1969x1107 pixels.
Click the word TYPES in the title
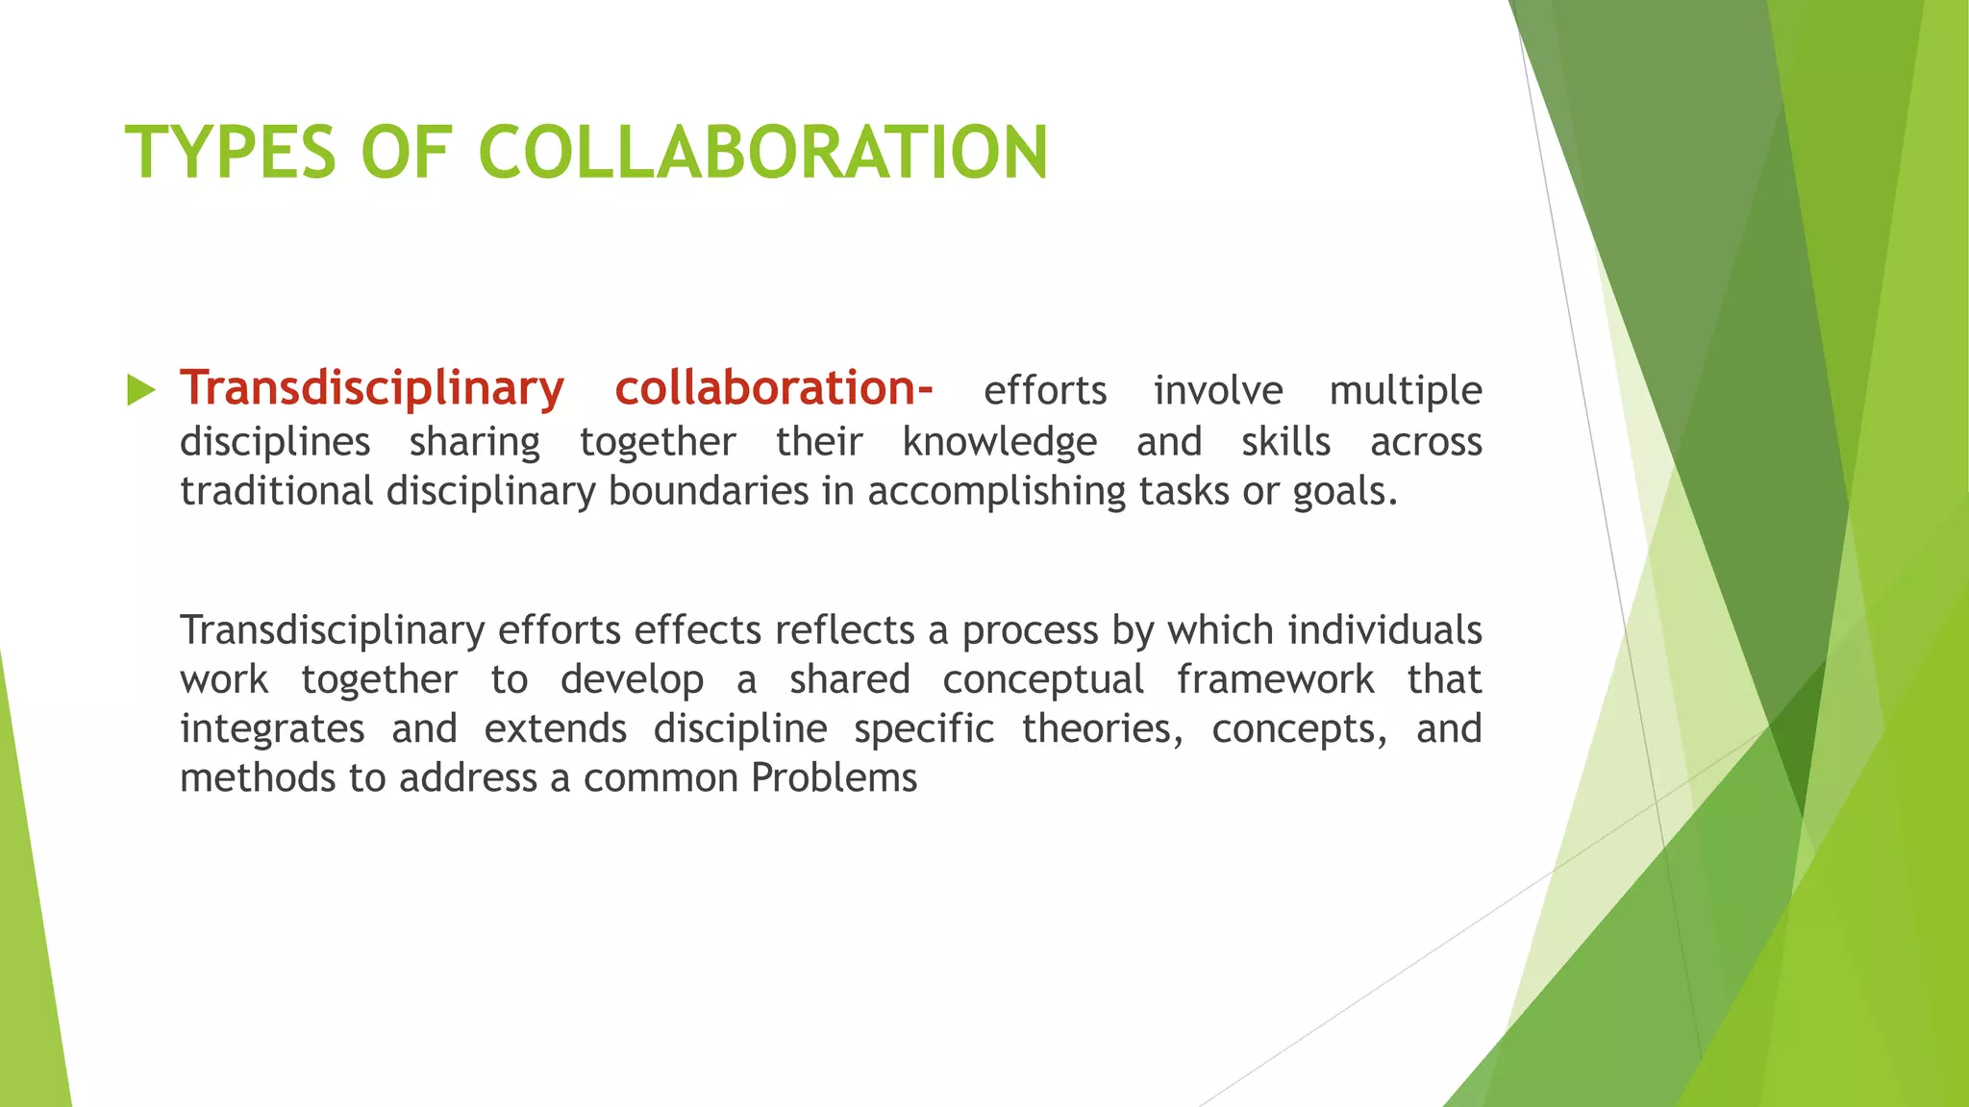231,152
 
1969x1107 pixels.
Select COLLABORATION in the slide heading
762,152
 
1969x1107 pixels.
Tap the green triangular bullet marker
140,390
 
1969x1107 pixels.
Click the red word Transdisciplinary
372,388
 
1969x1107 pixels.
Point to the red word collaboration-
773,388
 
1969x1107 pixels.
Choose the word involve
1218,391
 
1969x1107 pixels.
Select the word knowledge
999,442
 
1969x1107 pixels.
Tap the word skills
1285,442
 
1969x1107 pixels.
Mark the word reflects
845,630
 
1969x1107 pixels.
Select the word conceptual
1043,680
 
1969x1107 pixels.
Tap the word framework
1275,679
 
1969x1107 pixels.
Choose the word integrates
272,729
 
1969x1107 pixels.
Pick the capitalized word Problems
834,777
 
